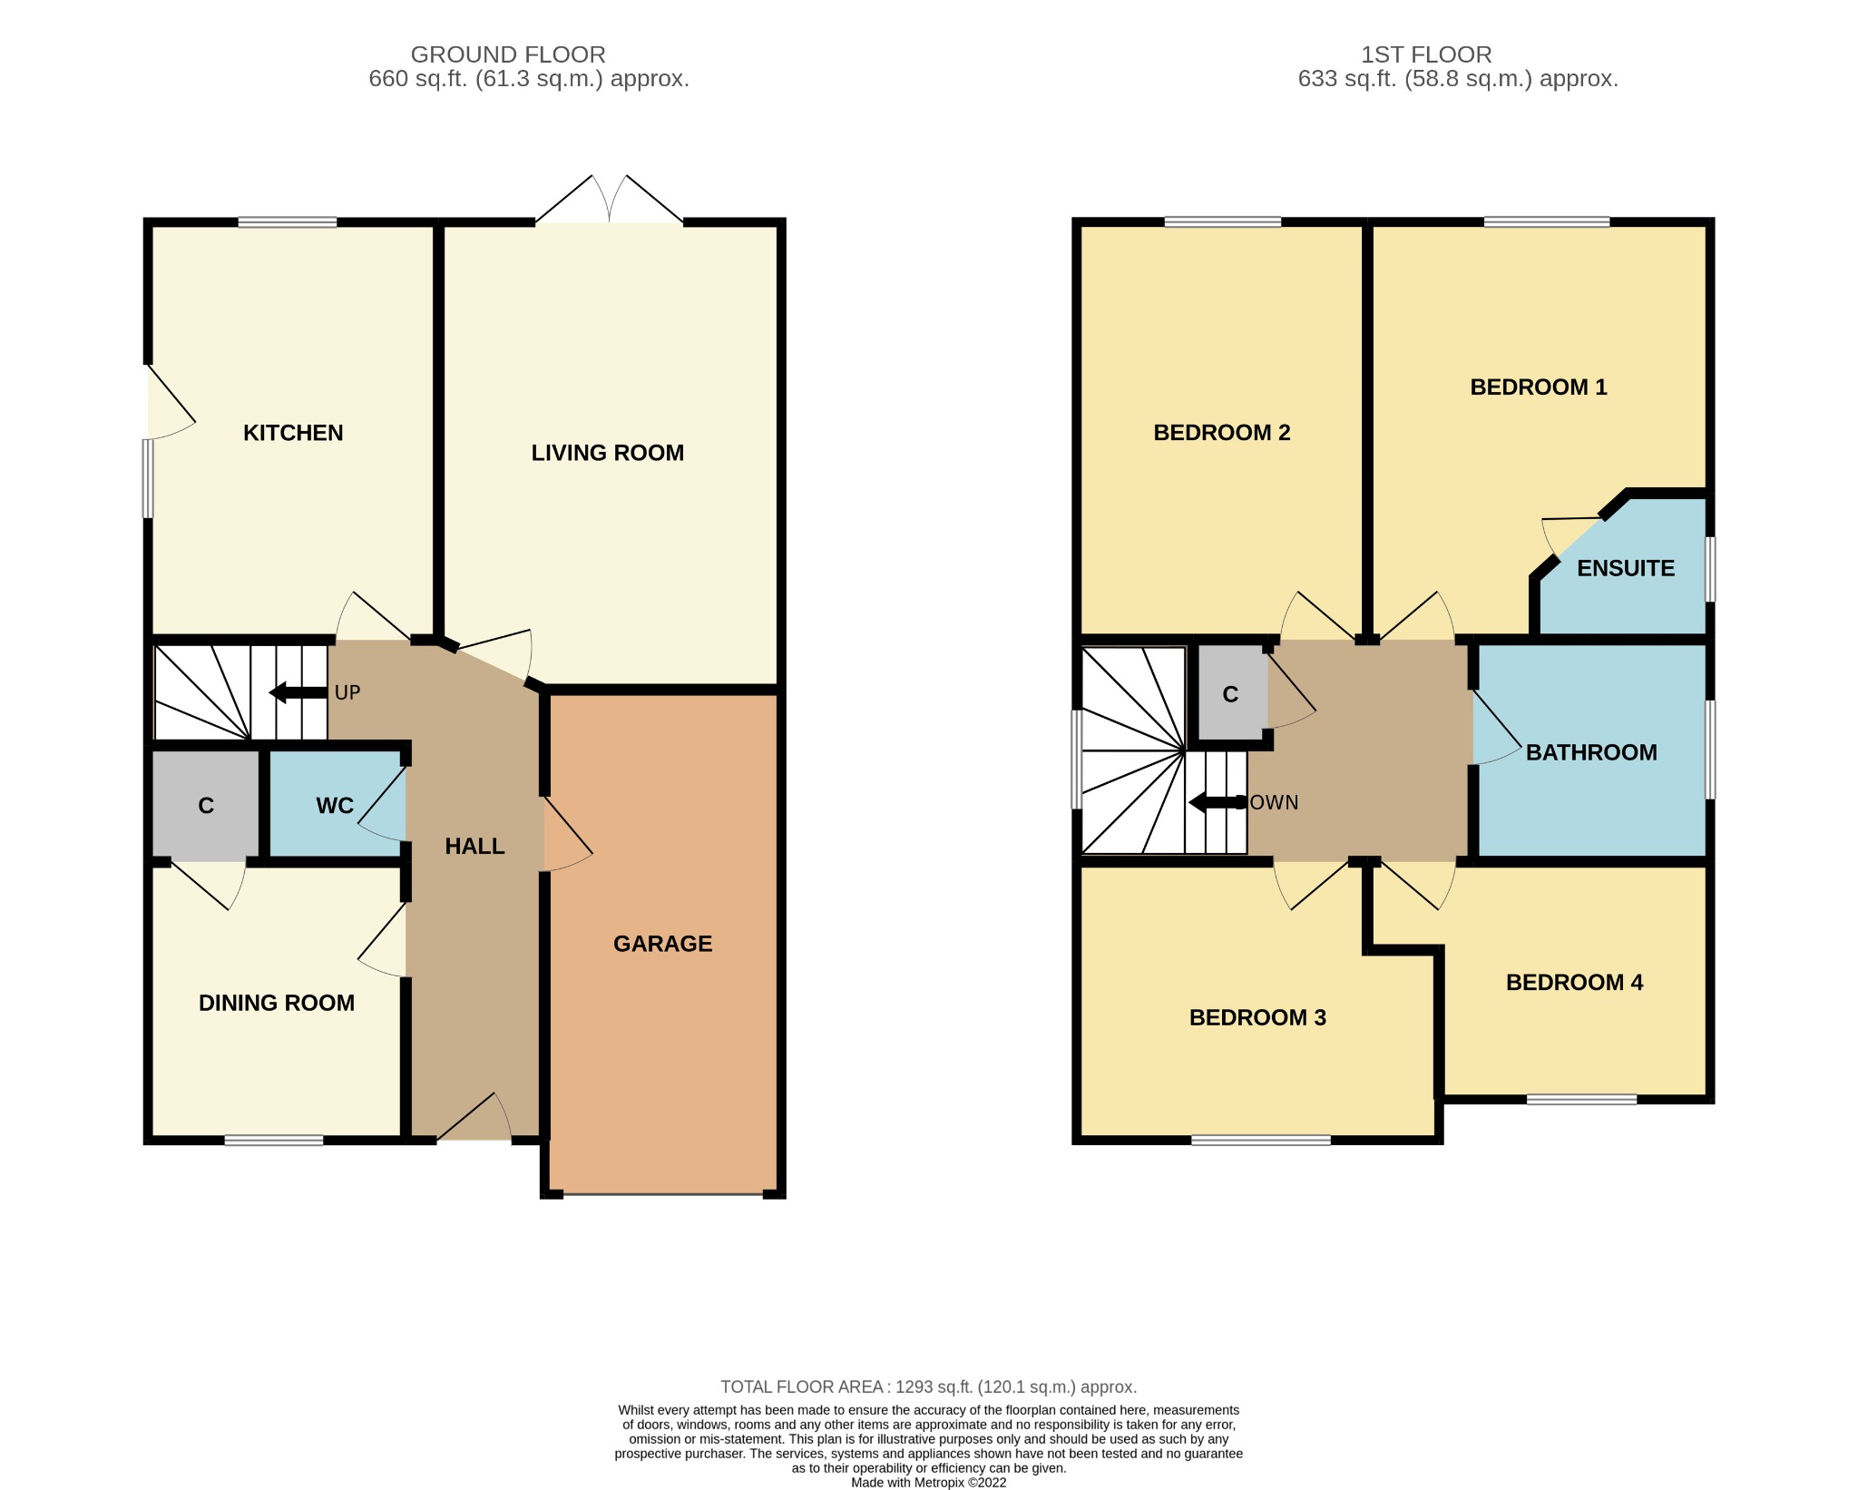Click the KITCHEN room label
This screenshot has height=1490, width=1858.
pos(293,433)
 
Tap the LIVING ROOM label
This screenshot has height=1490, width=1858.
pos(607,453)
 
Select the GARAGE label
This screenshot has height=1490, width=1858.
pos(662,944)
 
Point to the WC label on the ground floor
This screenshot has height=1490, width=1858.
pos(334,806)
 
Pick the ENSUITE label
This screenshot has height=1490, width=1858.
pos(1625,569)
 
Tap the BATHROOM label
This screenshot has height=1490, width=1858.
pos(1590,752)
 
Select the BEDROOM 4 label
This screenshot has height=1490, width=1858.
pos(1574,983)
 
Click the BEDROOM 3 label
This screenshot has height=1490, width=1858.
pos(1257,1018)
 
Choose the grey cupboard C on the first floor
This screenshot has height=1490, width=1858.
pos(1230,694)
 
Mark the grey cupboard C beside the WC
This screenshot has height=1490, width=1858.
pos(206,806)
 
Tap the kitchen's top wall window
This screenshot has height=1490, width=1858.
pos(288,222)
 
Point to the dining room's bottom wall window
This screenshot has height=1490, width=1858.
pos(274,1141)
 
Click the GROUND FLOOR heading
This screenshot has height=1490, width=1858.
pos(507,54)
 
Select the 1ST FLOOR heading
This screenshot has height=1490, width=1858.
pos(1425,54)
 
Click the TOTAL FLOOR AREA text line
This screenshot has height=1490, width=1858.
pos(928,1387)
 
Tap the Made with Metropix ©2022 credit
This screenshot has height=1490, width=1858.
pos(928,1483)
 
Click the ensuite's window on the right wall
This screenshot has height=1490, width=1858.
pos(1710,569)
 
